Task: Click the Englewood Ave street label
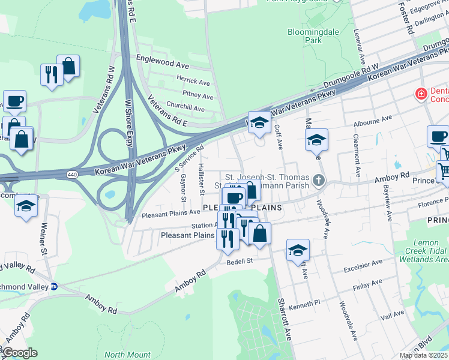point(163,63)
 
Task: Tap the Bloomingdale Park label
point(313,36)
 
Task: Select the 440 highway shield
point(71,174)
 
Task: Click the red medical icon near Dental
point(421,94)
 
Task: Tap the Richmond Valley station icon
point(53,287)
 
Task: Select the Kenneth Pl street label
point(305,307)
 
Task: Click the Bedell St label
point(240,262)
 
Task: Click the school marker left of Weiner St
point(26,207)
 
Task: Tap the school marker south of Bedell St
point(298,251)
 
